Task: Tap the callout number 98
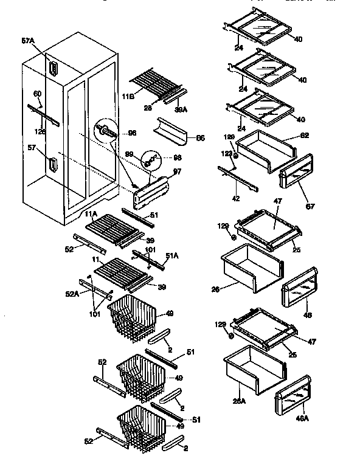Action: point(177,157)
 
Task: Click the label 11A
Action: point(91,215)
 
